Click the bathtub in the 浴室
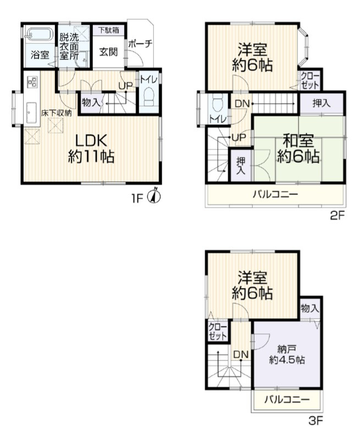39,35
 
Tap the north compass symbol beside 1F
155,196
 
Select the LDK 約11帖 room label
91,149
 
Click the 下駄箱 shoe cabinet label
109,30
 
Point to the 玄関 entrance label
109,52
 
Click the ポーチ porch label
140,43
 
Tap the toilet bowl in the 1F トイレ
149,97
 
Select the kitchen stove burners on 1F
32,81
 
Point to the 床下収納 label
57,113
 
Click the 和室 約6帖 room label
298,148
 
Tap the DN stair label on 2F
242,104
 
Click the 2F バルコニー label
276,195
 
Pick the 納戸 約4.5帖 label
287,355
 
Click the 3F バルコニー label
287,399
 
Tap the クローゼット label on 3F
218,331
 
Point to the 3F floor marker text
315,421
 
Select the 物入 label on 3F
310,308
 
